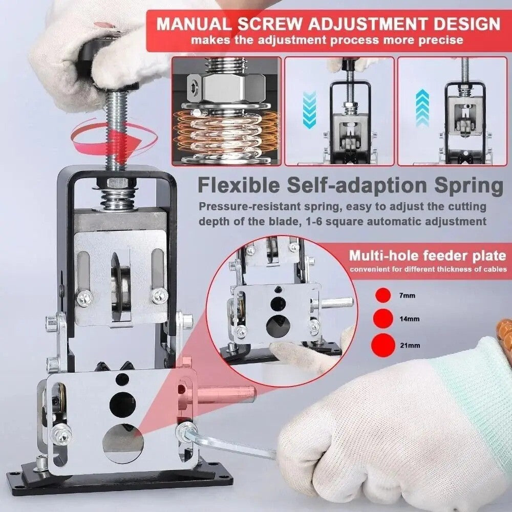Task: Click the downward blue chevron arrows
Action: pos(310,109)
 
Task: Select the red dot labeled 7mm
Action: pos(382,295)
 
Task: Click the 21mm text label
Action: pos(410,345)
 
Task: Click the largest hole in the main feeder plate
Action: pos(123,441)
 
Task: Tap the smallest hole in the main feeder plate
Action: pos(122,379)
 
